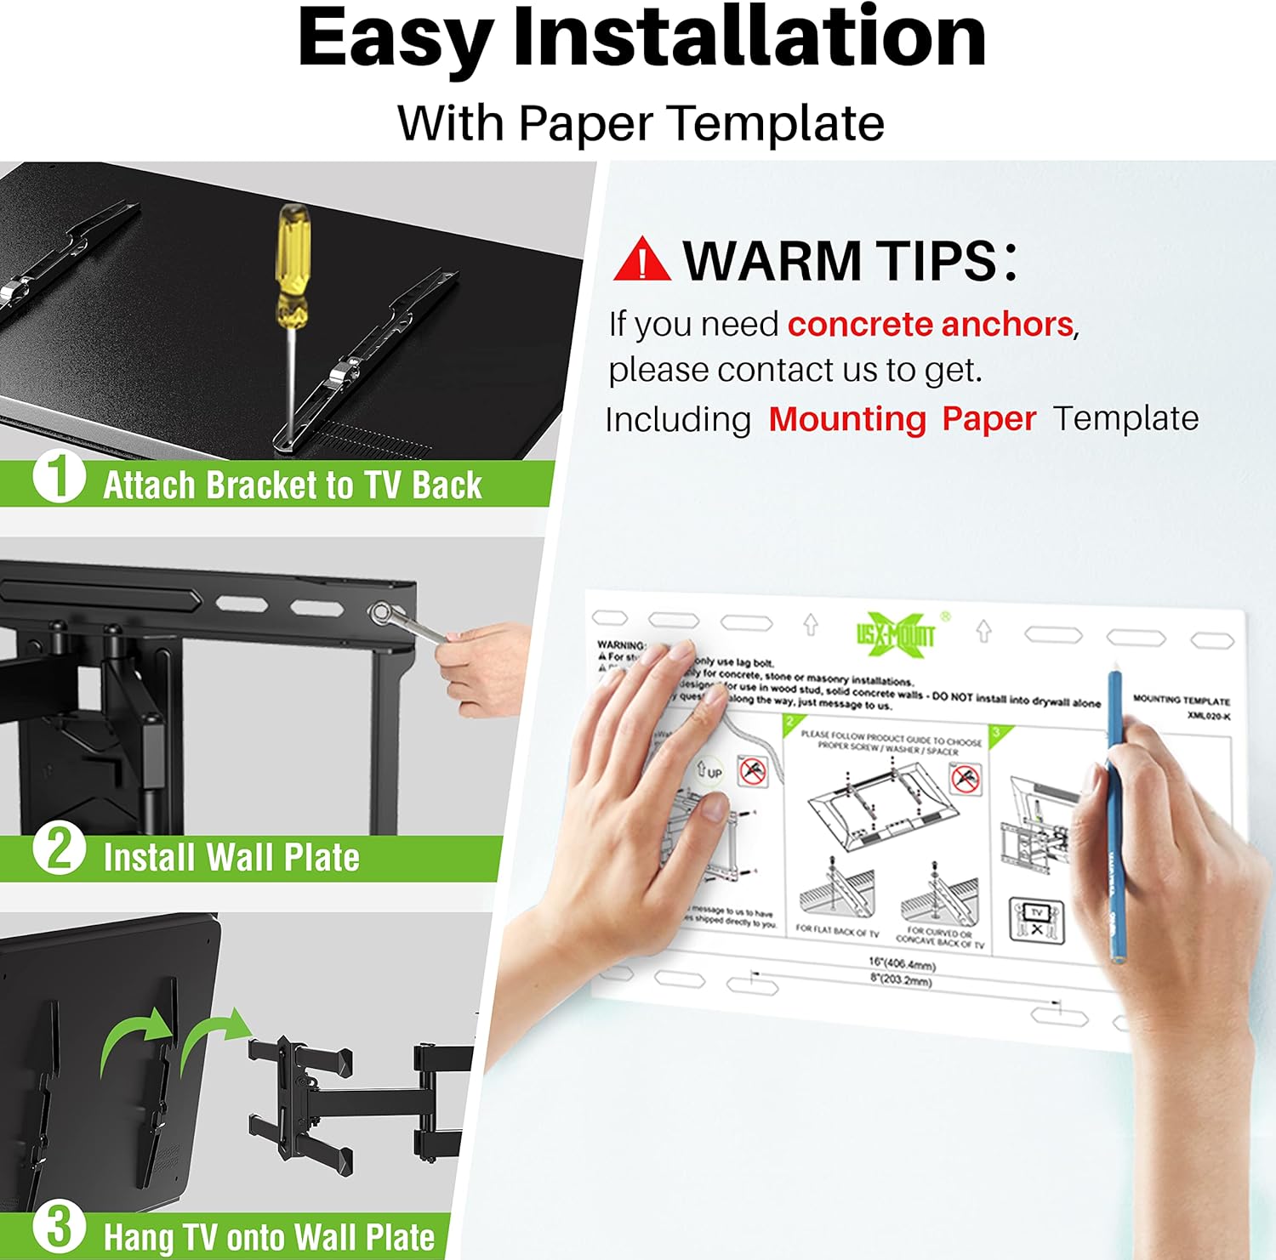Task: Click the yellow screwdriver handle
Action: pyautogui.click(x=292, y=264)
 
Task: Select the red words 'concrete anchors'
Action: pyautogui.click(x=930, y=325)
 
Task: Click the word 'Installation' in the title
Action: pyautogui.click(x=749, y=38)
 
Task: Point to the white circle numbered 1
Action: pyautogui.click(x=59, y=476)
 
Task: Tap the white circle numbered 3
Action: pyautogui.click(x=59, y=1227)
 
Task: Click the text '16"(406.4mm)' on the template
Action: pyautogui.click(x=902, y=964)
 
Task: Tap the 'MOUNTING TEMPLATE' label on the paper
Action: pyautogui.click(x=1181, y=701)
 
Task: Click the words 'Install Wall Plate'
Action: pyautogui.click(x=231, y=858)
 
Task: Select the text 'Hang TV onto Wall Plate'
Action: pyautogui.click(x=269, y=1237)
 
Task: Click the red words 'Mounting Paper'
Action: pyautogui.click(x=902, y=419)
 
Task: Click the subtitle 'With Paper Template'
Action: pyautogui.click(x=641, y=123)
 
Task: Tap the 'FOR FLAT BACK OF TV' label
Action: pyautogui.click(x=837, y=931)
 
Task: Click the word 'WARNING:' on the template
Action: pyautogui.click(x=621, y=645)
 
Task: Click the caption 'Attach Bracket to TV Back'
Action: pyautogui.click(x=292, y=485)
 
